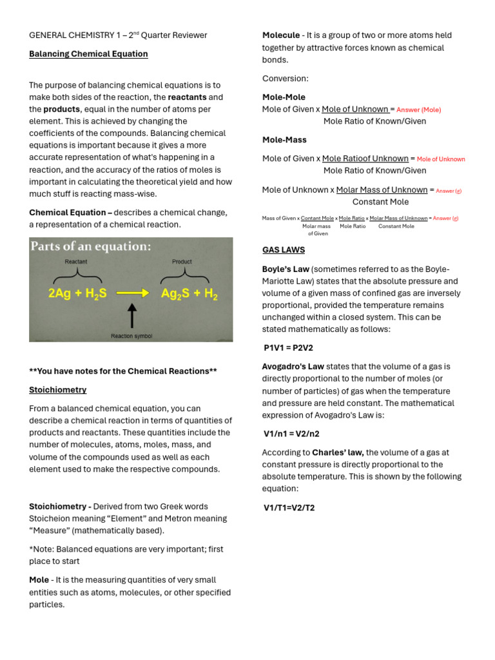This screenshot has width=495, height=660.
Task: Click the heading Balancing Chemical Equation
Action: pos(88,54)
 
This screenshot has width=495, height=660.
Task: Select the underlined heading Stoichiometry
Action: pos(58,390)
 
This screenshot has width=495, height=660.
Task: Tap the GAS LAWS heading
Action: pos(284,250)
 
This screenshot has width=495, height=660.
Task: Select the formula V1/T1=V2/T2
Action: pos(289,508)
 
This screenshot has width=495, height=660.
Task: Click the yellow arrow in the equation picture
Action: pos(132,293)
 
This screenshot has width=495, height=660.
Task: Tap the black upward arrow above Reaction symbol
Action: pos(132,316)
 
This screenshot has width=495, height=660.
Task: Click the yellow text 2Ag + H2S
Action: pos(77,293)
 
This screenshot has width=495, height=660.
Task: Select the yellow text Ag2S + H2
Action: pos(189,293)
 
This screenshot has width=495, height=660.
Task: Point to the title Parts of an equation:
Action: pos(91,247)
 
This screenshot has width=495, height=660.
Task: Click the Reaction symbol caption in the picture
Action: pos(131,336)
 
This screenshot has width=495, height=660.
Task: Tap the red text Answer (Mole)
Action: pos(419,110)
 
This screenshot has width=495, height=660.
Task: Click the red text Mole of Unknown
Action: pos(441,159)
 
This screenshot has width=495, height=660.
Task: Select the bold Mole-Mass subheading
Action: pos(284,140)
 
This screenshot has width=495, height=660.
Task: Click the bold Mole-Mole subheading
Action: pos(284,97)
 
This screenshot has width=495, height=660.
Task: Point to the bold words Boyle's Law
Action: pos(286,269)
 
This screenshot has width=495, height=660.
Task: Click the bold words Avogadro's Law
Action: pos(293,367)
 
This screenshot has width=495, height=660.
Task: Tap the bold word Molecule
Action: pos(281,35)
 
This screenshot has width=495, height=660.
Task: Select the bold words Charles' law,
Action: pos(338,452)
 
